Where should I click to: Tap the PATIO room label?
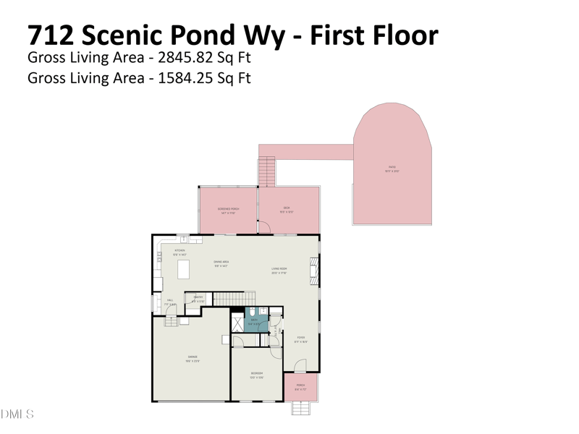coord(392,169)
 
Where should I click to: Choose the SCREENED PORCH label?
coord(229,210)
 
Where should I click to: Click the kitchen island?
coord(183,270)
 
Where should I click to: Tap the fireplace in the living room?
coord(314,269)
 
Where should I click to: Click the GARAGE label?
coord(193,358)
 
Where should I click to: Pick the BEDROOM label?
coord(256,375)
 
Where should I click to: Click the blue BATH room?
coord(255,320)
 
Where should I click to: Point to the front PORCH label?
coord(300,387)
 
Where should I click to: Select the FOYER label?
coord(300,339)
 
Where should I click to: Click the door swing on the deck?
coord(265,226)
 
